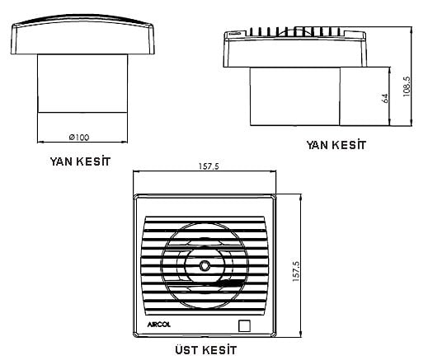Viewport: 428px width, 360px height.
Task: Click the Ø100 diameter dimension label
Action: [x=79, y=137]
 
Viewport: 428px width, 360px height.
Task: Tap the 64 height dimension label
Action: [x=385, y=98]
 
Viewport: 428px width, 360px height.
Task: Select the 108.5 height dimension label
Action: [x=407, y=86]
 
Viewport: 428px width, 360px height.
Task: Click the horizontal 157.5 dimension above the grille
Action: [x=209, y=166]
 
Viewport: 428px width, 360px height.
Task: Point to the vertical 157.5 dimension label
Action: [x=296, y=271]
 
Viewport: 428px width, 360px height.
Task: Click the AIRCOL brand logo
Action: [x=159, y=325]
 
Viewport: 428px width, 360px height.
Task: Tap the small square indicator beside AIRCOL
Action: [x=244, y=325]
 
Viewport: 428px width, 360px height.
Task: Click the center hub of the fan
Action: [x=205, y=265]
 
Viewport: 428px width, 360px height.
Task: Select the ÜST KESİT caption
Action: [x=206, y=350]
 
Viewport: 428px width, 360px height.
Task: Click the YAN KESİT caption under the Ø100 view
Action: [x=80, y=161]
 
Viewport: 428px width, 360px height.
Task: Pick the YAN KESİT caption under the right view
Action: [x=336, y=145]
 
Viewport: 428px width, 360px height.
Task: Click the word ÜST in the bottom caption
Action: [x=186, y=350]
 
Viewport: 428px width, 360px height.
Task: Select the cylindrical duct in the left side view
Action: [x=82, y=83]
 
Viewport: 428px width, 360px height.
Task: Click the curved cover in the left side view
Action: [x=82, y=34]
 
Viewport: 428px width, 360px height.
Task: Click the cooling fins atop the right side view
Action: [x=295, y=31]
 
